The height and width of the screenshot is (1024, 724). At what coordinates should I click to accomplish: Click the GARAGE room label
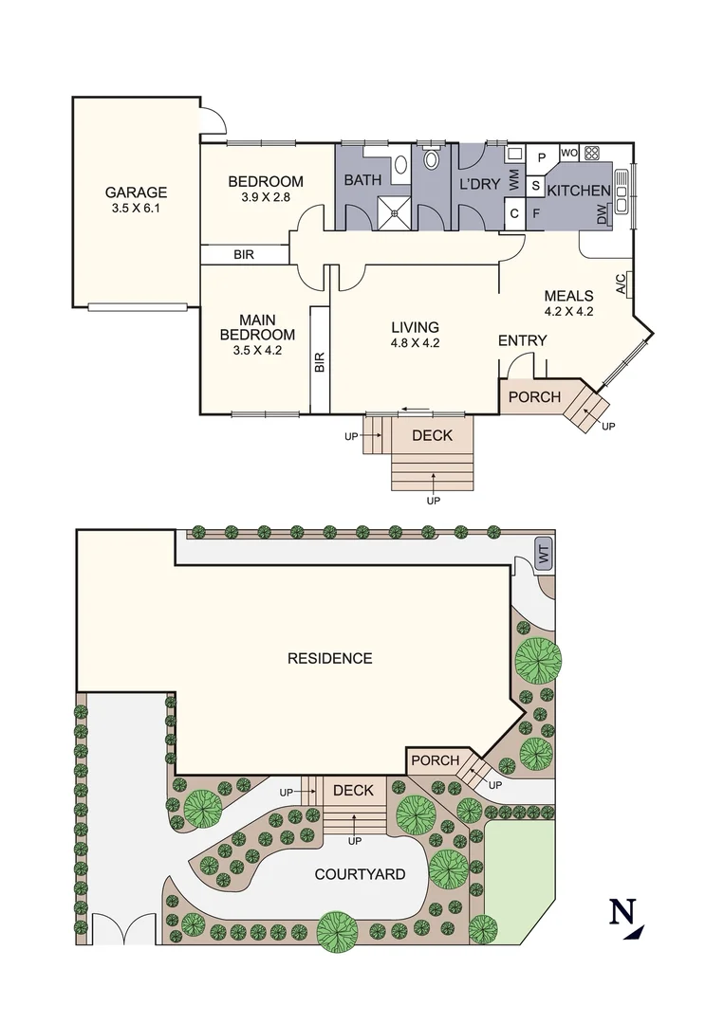136,192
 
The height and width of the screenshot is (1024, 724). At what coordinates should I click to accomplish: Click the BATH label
362,180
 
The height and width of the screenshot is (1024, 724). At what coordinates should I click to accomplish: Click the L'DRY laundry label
479,183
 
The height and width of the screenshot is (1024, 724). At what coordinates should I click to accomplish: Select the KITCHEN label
578,191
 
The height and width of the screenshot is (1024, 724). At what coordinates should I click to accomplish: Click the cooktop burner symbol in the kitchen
593,154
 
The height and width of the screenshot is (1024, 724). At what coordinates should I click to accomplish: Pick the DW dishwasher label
602,218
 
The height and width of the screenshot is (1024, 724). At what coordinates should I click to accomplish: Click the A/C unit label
621,283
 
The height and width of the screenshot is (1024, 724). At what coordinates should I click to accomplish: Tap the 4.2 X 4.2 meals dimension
568,311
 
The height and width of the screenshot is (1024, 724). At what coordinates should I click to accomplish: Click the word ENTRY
522,341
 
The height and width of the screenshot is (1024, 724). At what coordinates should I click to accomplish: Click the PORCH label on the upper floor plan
534,397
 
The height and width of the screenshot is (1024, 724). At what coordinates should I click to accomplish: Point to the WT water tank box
544,558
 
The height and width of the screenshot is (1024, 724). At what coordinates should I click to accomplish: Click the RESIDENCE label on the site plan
329,658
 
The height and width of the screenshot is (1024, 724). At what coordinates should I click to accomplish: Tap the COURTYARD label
360,874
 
